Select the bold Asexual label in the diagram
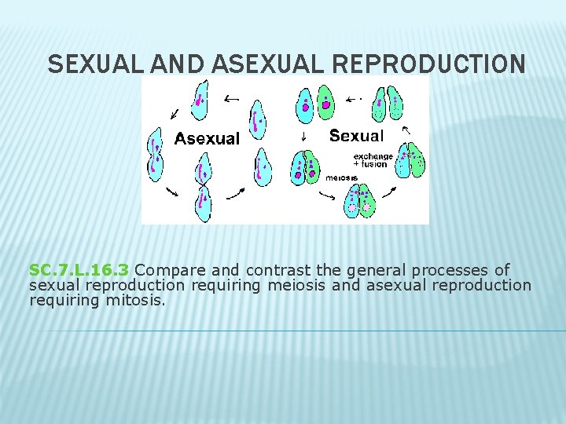tap(207, 139)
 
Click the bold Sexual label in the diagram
tap(357, 136)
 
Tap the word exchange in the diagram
tap(373, 156)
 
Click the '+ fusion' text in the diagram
tap(370, 164)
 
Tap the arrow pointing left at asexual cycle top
tap(232, 99)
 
